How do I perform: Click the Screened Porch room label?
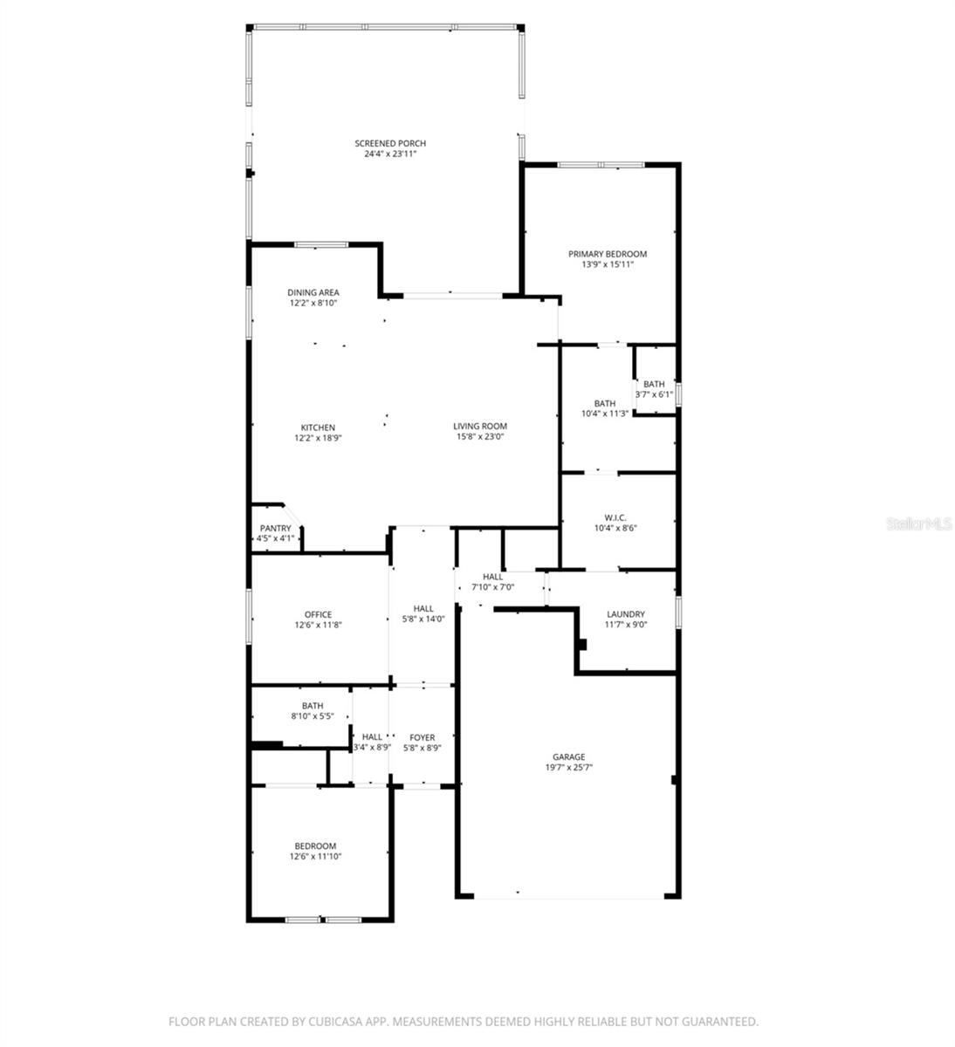pyautogui.click(x=389, y=143)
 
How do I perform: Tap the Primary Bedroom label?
pyautogui.click(x=608, y=254)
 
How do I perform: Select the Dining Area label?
pyautogui.click(x=313, y=292)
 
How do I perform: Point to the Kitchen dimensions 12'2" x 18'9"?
pyautogui.click(x=318, y=438)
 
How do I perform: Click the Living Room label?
pyautogui.click(x=480, y=427)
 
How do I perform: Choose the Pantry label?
pyautogui.click(x=275, y=528)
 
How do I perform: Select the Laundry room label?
pyautogui.click(x=625, y=614)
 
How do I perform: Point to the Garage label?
pyautogui.click(x=568, y=756)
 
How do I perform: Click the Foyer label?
pyautogui.click(x=422, y=737)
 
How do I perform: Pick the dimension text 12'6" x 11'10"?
pyautogui.click(x=315, y=857)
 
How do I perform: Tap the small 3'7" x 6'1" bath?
pyautogui.click(x=654, y=389)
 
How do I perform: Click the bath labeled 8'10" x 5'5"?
pyautogui.click(x=313, y=711)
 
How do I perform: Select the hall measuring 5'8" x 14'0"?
pyautogui.click(x=423, y=614)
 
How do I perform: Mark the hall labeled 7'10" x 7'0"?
pyautogui.click(x=493, y=582)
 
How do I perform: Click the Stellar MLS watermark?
pyautogui.click(x=917, y=524)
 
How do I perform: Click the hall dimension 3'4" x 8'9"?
pyautogui.click(x=371, y=747)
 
